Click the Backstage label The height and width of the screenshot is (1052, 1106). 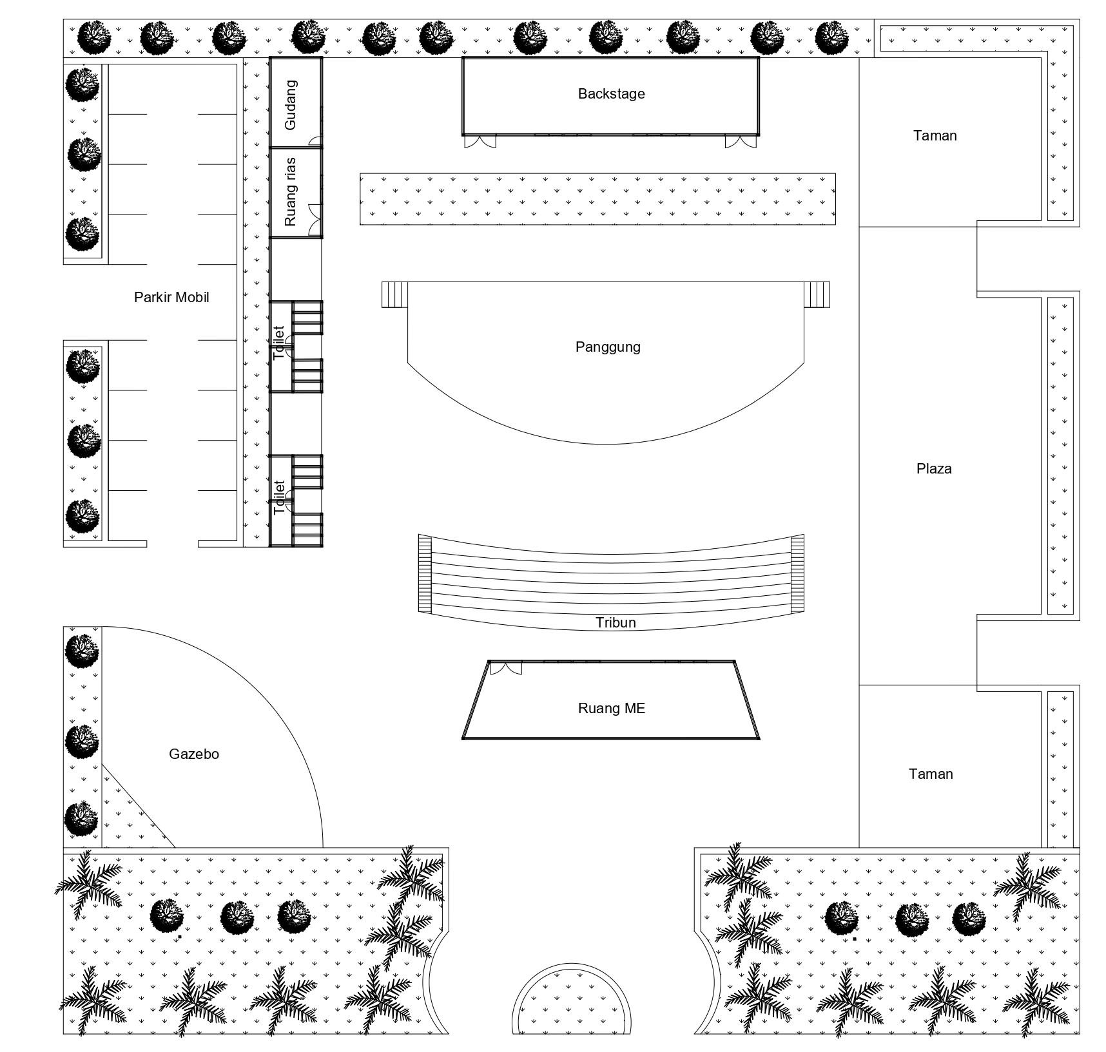tap(611, 94)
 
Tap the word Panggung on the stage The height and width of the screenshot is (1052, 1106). tap(608, 347)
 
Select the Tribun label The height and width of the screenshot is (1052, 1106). tap(616, 623)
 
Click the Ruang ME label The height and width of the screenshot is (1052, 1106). tap(611, 709)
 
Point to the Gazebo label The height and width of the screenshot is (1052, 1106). tap(194, 754)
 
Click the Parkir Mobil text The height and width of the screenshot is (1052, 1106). tap(171, 298)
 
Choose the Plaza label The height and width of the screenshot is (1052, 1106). tap(934, 469)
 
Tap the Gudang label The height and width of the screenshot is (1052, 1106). tap(291, 104)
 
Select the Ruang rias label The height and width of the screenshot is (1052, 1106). tap(291, 192)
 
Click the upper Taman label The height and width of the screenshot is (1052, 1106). tap(935, 136)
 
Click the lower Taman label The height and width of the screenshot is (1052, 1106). tap(931, 774)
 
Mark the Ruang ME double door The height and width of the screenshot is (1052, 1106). tap(506, 668)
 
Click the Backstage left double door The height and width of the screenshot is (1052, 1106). tap(481, 142)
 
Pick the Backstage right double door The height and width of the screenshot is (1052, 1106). tap(741, 142)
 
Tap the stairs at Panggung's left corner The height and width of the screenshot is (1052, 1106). tap(394, 294)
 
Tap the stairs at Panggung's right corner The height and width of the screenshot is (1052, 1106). tap(817, 294)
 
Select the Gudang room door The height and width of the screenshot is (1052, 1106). tap(315, 141)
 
